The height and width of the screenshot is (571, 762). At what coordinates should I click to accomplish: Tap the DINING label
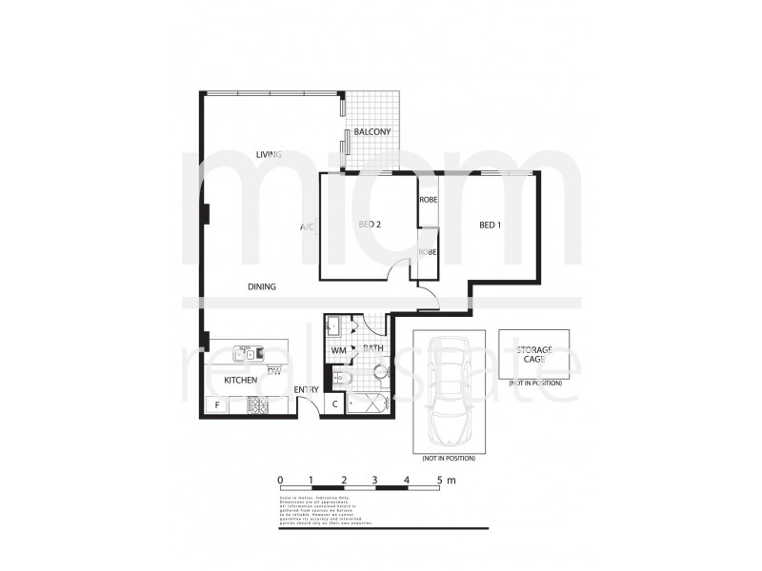click(262, 286)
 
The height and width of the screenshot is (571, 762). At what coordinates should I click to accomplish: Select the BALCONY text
click(372, 131)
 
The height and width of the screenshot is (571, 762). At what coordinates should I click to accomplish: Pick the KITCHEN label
click(240, 381)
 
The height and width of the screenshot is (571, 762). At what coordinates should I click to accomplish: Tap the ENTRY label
click(306, 390)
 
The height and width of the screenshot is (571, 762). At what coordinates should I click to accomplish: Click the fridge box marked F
click(217, 406)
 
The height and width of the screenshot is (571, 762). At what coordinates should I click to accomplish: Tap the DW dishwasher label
click(273, 370)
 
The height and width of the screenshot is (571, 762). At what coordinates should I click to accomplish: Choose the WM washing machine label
click(338, 350)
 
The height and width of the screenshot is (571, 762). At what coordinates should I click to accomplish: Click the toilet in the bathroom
click(381, 374)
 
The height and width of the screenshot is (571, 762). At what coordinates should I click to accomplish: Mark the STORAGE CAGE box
click(534, 355)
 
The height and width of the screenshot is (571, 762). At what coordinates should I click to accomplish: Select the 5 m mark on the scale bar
click(441, 481)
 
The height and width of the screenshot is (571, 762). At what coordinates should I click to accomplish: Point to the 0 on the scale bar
click(280, 481)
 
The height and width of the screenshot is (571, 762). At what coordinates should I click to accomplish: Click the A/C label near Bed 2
click(307, 227)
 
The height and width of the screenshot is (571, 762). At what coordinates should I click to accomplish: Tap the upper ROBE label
click(428, 201)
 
